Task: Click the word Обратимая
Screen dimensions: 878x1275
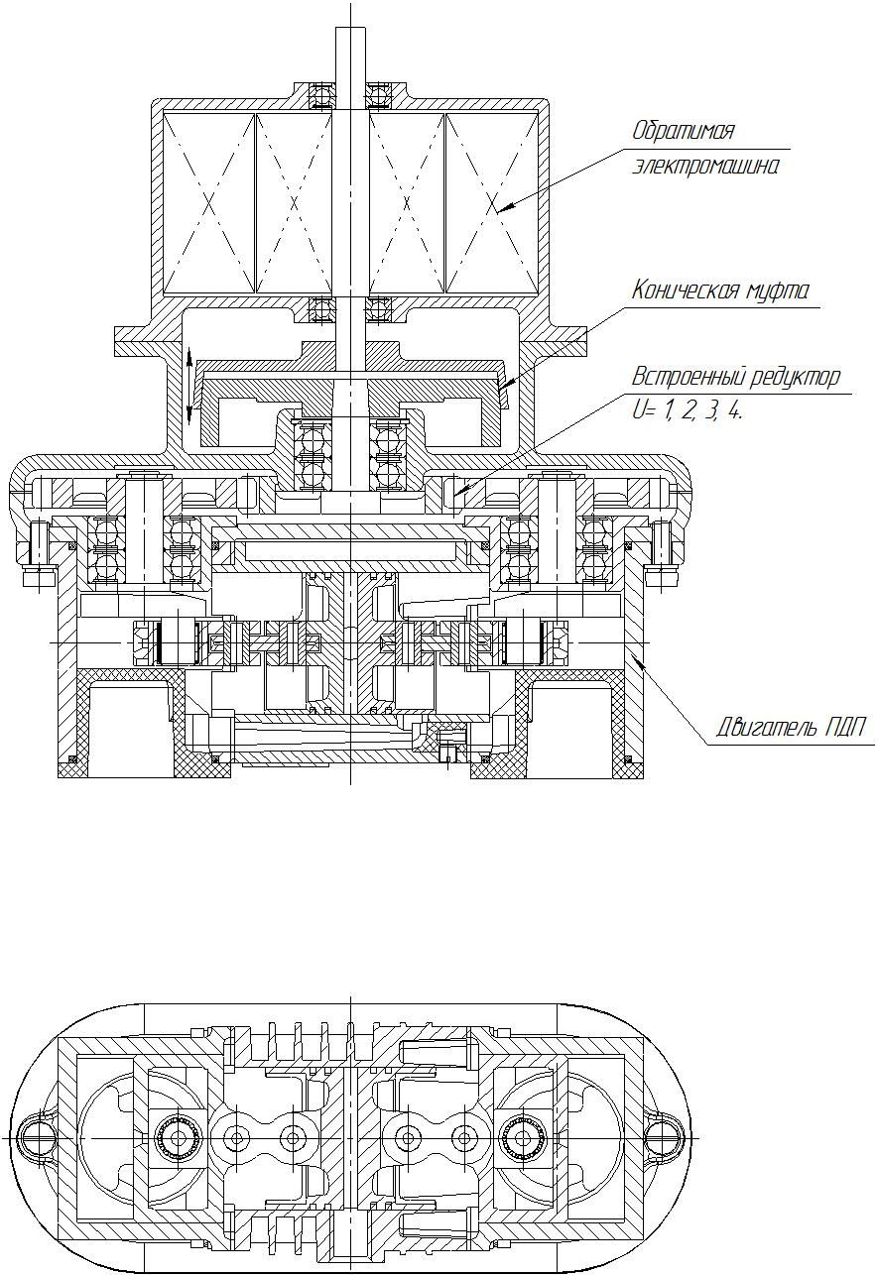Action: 684,132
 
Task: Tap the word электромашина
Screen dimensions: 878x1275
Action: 705,167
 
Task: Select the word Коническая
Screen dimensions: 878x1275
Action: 684,290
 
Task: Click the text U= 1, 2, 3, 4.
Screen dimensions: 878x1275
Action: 688,411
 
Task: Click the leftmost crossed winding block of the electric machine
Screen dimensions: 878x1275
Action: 208,203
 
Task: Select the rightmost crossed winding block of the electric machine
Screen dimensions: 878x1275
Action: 492,203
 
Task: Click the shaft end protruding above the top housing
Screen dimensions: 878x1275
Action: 350,55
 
